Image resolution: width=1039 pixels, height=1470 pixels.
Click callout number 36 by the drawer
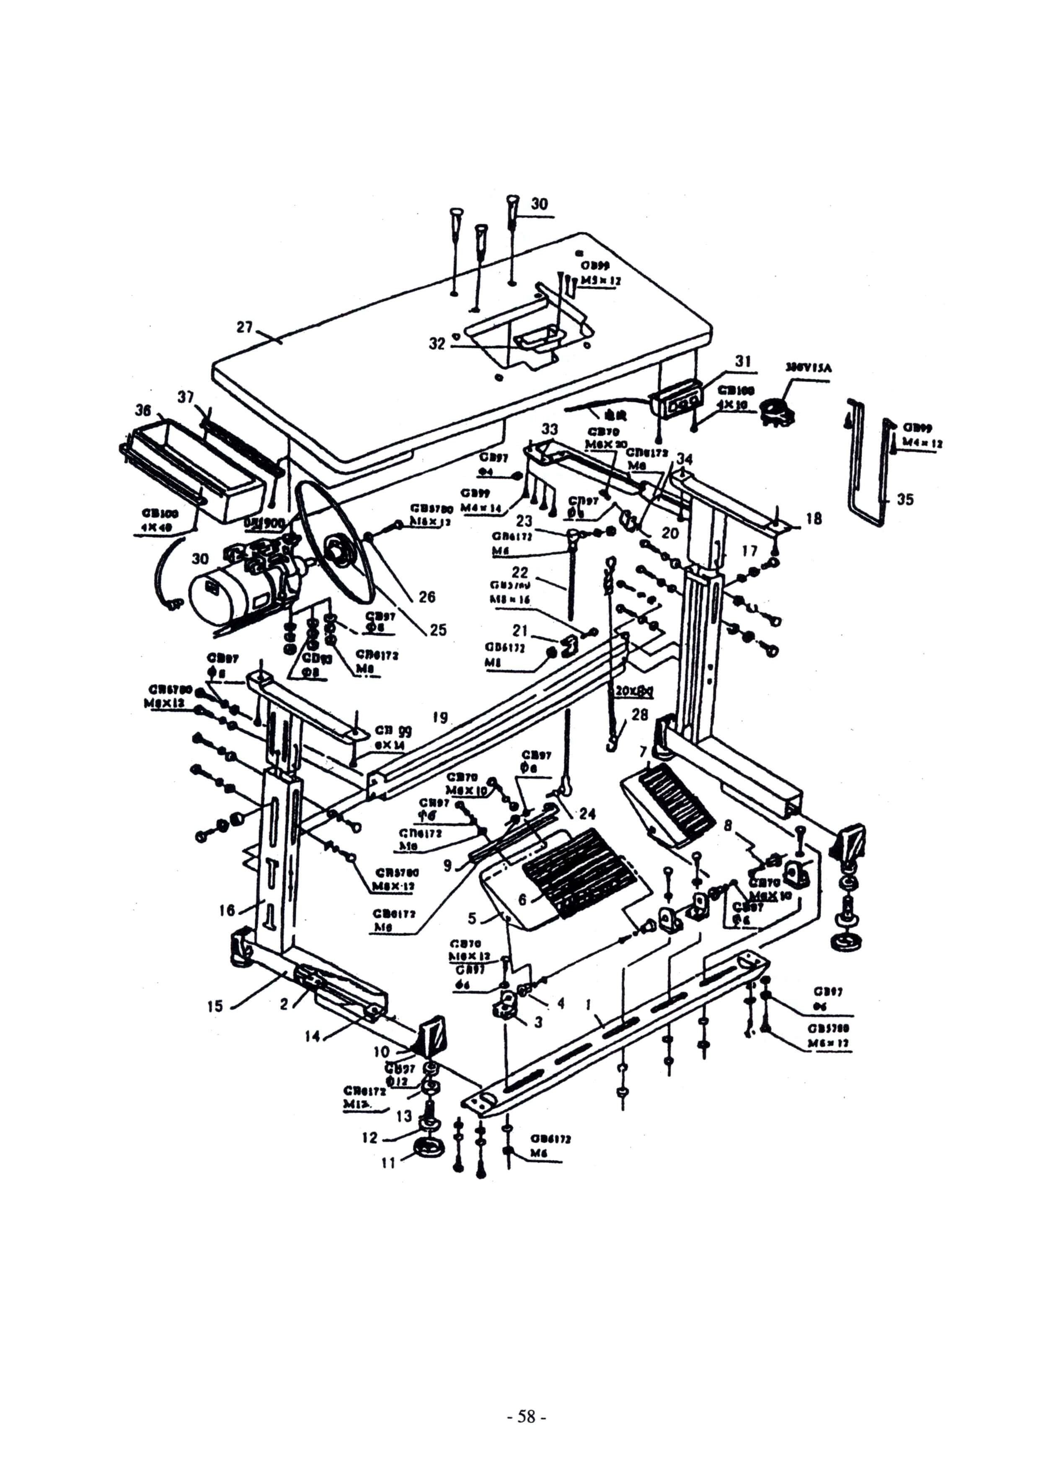tap(143, 409)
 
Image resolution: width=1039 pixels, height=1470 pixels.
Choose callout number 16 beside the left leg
tap(227, 910)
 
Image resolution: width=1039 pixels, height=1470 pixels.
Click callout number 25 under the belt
tap(438, 630)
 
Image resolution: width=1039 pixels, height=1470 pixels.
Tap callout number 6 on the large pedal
tap(522, 900)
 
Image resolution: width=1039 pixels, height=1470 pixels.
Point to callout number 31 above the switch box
tap(743, 361)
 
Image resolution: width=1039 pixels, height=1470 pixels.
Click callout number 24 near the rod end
tap(587, 814)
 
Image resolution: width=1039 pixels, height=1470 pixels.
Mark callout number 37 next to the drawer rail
tap(186, 398)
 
